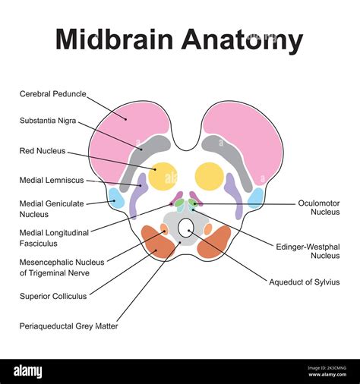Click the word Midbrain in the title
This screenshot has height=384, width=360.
coord(114,39)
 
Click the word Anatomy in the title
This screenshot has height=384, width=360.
coord(242,39)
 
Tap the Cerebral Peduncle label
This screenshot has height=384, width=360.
coord(52,94)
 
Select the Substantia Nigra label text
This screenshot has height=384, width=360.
coord(48,120)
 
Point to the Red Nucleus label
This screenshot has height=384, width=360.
coord(43,151)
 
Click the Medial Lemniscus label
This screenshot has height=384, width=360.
coord(51,180)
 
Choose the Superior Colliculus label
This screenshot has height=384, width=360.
coord(52,296)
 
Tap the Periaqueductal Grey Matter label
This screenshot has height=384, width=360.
coord(68,326)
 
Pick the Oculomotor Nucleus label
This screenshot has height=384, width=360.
coord(319,208)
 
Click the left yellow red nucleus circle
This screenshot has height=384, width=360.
coord(163,176)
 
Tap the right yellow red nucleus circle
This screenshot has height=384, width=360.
coord(209,176)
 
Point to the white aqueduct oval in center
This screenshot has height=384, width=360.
coord(186,227)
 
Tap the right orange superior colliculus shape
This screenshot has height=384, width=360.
coord(215,241)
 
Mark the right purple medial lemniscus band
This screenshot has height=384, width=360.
coord(234,197)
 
